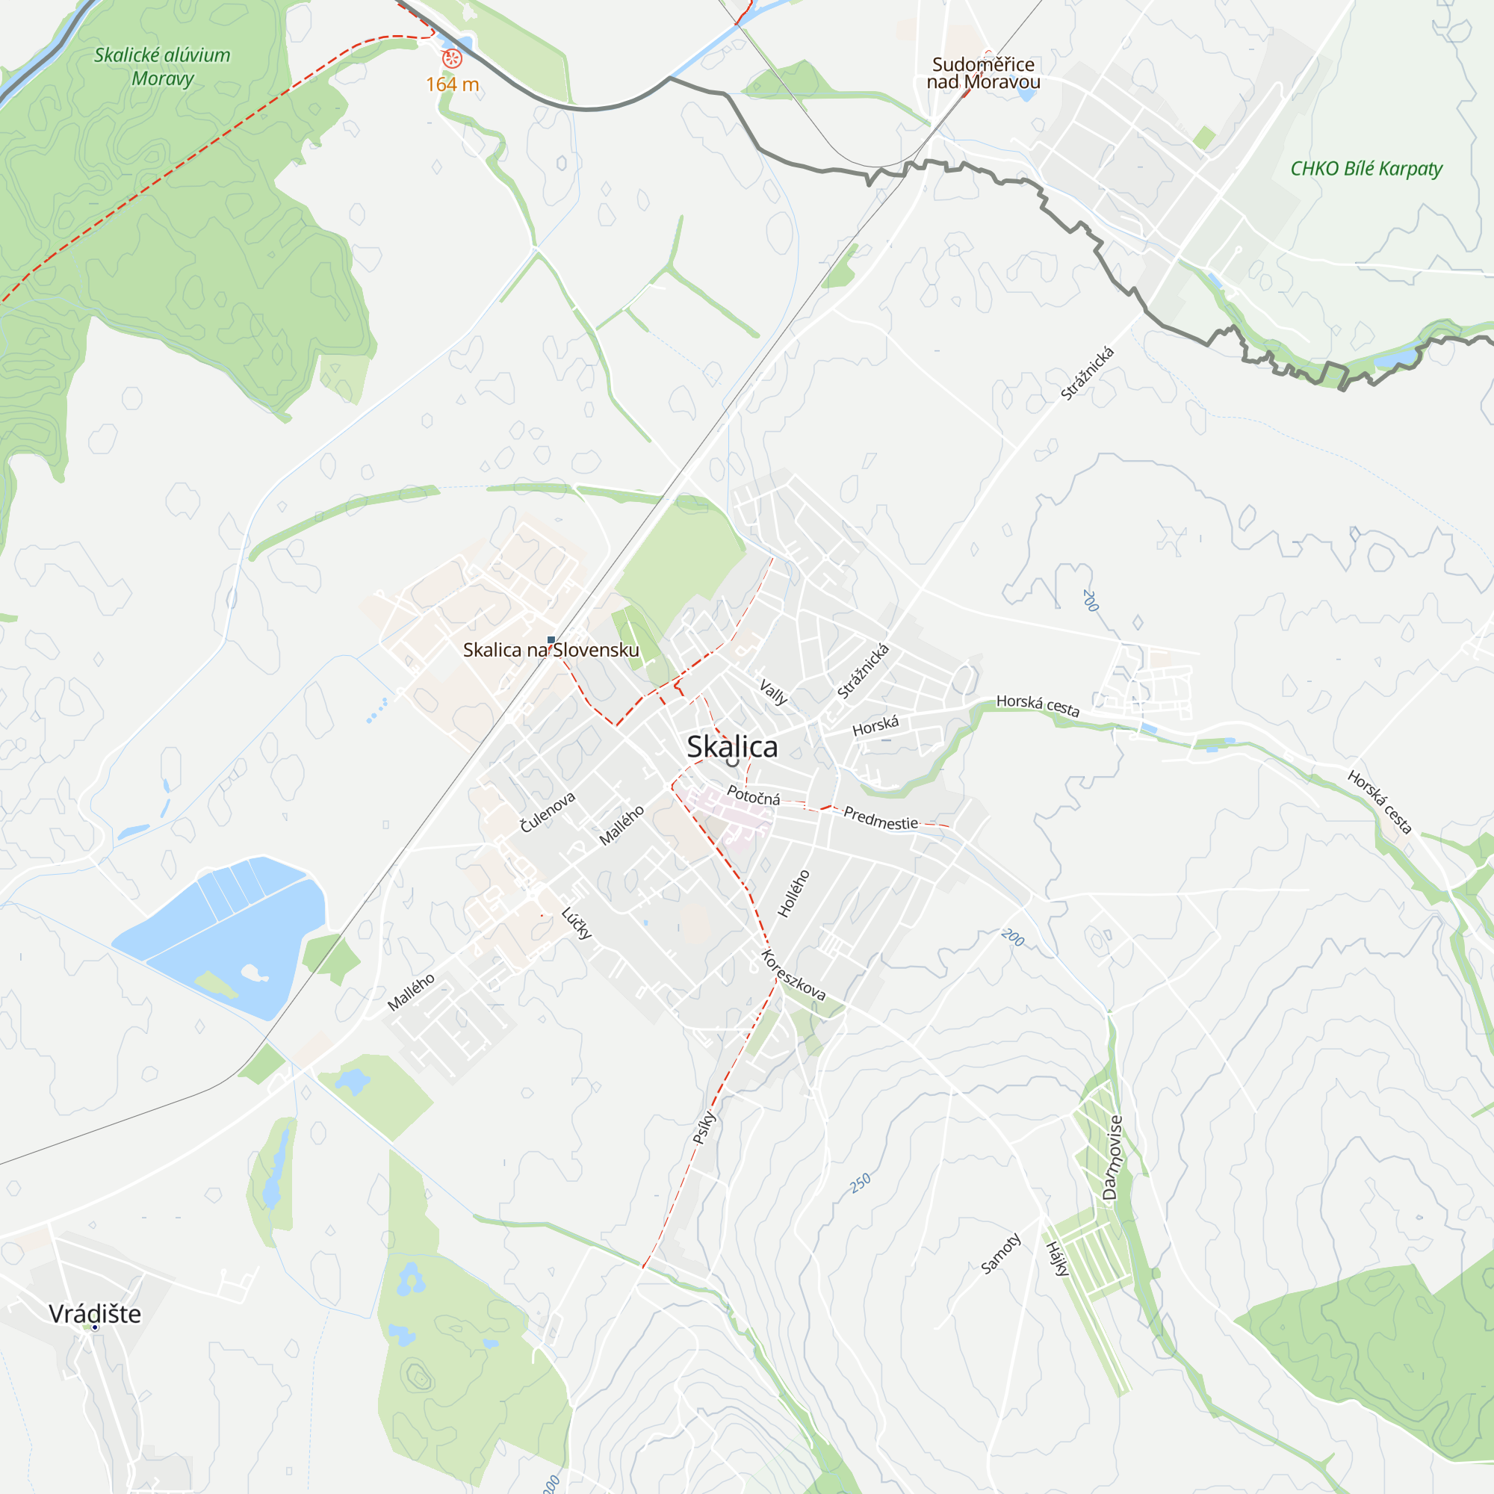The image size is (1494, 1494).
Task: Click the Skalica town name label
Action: [x=731, y=747]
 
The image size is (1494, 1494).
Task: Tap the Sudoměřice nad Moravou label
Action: [x=983, y=73]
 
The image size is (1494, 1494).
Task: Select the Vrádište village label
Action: [x=95, y=1314]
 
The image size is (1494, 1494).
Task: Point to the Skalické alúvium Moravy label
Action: [x=162, y=66]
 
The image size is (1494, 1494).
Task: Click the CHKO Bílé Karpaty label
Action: [x=1366, y=169]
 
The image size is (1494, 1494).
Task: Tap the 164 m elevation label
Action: [x=453, y=84]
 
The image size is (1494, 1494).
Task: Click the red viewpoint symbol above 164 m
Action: [x=452, y=58]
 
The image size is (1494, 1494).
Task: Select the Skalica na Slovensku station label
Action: [x=551, y=651]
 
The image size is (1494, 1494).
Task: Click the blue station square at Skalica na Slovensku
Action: [x=551, y=640]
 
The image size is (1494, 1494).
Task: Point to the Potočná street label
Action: [x=753, y=795]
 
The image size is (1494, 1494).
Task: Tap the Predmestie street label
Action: [x=881, y=818]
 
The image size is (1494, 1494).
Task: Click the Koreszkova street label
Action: [x=793, y=975]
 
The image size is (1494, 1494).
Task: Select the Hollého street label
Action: [x=793, y=893]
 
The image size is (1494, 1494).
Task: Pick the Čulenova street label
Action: [x=548, y=812]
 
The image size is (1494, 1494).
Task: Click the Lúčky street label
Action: [x=577, y=923]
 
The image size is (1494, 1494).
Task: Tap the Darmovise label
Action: [x=1112, y=1158]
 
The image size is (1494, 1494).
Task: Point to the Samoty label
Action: [x=1001, y=1253]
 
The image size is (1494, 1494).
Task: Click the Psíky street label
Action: [x=704, y=1127]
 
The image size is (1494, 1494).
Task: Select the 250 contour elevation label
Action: [x=860, y=1183]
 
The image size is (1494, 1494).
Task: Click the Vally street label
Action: [x=773, y=692]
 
